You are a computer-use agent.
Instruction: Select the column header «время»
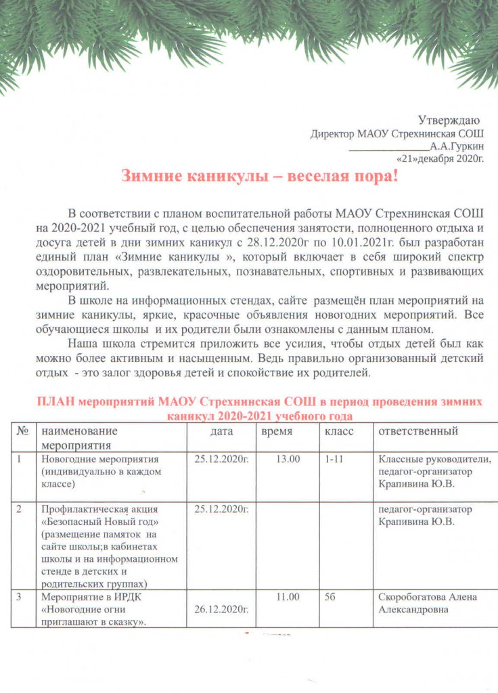(x=277, y=431)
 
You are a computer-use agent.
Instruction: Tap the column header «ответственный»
(x=418, y=431)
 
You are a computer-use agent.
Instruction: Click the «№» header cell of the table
(x=23, y=431)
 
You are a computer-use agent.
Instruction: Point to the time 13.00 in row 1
(x=288, y=460)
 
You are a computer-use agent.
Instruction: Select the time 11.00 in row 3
(x=288, y=598)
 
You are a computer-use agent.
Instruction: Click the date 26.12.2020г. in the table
(x=221, y=610)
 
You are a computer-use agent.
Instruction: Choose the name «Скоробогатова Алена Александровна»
(x=427, y=604)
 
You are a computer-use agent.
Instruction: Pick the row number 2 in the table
(x=20, y=510)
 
